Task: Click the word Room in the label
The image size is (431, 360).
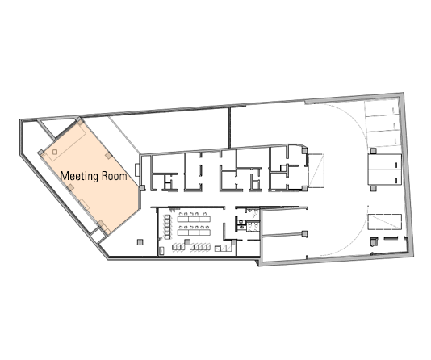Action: click(x=115, y=176)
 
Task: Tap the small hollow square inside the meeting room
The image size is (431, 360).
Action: click(x=55, y=152)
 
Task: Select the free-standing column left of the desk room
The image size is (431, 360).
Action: click(x=140, y=242)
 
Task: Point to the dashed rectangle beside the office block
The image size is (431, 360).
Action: click(x=316, y=170)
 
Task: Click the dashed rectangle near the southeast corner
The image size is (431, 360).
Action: click(x=385, y=222)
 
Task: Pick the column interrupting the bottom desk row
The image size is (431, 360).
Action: click(x=187, y=242)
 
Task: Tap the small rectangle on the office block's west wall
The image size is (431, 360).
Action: click(x=137, y=170)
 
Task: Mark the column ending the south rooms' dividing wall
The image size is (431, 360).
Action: click(x=304, y=234)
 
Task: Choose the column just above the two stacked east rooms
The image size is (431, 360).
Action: click(x=373, y=151)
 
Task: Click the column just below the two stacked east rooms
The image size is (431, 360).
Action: click(x=373, y=188)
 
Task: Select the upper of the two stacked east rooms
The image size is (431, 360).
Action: click(x=385, y=162)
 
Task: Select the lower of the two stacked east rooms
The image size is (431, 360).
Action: click(x=385, y=178)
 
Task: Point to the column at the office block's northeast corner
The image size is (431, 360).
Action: click(x=304, y=151)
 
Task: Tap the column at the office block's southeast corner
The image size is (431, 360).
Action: click(x=304, y=188)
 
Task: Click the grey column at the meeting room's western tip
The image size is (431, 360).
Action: click(x=40, y=153)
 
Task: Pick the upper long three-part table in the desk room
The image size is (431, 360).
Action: click(x=194, y=219)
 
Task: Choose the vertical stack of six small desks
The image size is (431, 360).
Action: click(x=167, y=227)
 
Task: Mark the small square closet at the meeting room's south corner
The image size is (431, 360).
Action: click(x=98, y=236)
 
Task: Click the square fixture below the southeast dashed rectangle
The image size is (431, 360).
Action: click(x=375, y=241)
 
